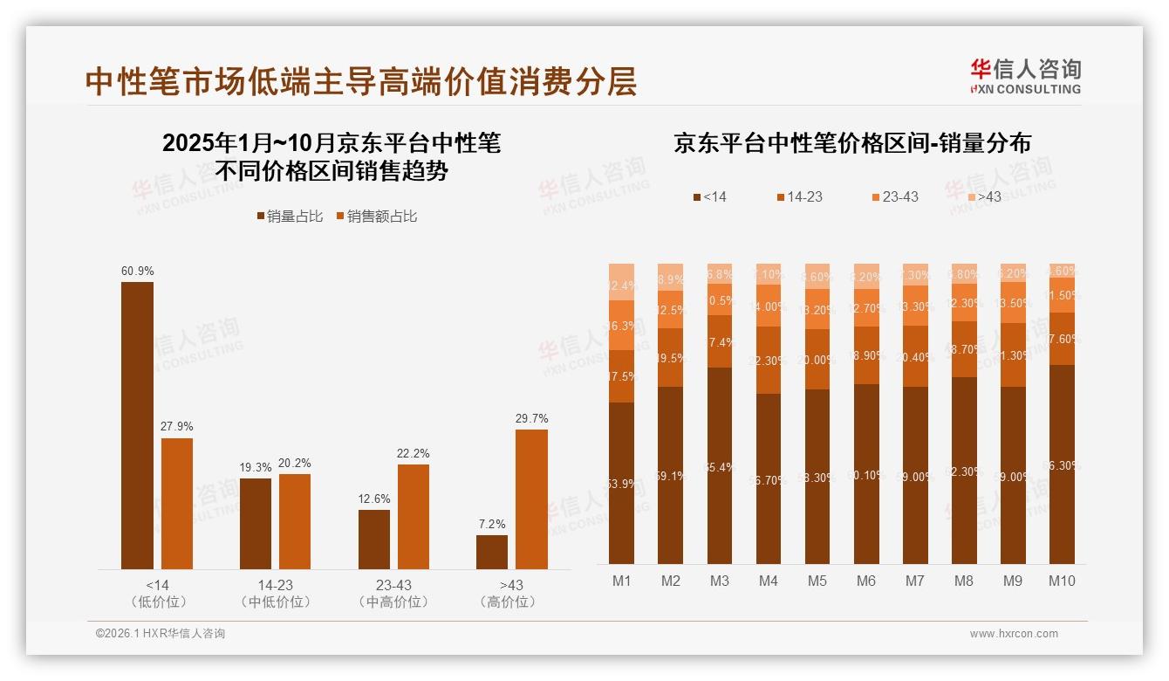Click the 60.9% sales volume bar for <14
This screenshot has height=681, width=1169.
[x=137, y=425]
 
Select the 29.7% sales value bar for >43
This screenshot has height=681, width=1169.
[x=531, y=499]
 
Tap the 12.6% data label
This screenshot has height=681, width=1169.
[x=374, y=499]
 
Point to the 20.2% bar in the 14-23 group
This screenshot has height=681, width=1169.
[x=295, y=521]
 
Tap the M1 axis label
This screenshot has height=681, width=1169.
[x=621, y=581]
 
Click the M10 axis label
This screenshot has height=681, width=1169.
[x=1062, y=581]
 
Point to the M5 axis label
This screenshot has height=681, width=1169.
[x=817, y=581]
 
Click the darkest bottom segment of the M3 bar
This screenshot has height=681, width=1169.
[x=720, y=465]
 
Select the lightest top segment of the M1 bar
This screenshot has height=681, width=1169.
[x=621, y=281]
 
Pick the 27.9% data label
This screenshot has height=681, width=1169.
[x=177, y=426]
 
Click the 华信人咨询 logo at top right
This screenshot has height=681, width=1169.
[x=1025, y=76]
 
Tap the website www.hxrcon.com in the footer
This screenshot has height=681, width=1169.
[x=1014, y=634]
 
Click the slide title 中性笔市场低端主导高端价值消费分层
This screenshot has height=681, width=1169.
[x=361, y=81]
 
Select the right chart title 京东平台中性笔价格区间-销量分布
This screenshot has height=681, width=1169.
[x=851, y=143]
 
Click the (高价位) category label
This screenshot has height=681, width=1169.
[x=510, y=602]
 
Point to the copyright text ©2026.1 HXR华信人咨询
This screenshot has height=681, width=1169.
[x=161, y=634]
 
